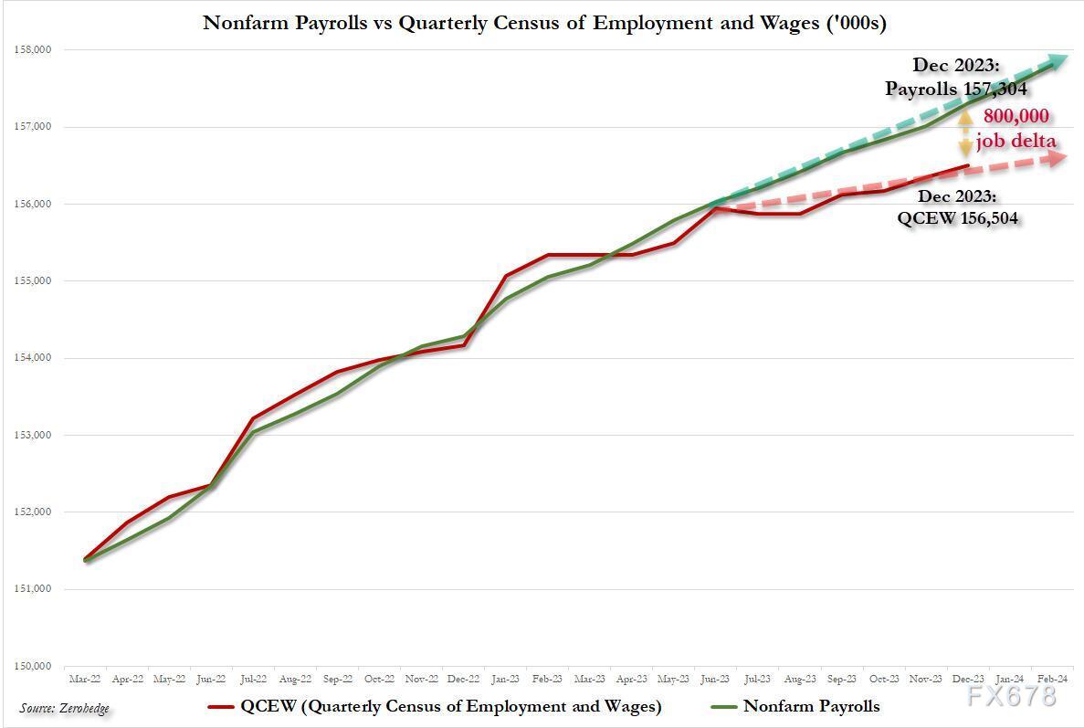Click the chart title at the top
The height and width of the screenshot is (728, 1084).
544,22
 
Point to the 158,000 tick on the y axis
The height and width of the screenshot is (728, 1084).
33,50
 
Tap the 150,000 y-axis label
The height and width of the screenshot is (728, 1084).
33,666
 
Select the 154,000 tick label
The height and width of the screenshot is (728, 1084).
33,358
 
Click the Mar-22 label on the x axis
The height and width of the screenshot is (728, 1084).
85,680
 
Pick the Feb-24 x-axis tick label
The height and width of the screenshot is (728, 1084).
1050,680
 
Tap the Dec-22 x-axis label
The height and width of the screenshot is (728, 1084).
463,680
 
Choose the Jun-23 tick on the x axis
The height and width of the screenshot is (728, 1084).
715,680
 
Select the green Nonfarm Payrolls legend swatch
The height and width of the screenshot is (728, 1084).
722,706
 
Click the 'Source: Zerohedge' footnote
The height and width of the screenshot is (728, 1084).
65,708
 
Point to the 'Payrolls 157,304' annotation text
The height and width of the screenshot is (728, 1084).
955,89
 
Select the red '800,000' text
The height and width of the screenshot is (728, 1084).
1016,117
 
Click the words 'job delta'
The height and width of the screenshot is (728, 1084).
1016,142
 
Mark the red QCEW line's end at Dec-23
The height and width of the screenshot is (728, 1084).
967,166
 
